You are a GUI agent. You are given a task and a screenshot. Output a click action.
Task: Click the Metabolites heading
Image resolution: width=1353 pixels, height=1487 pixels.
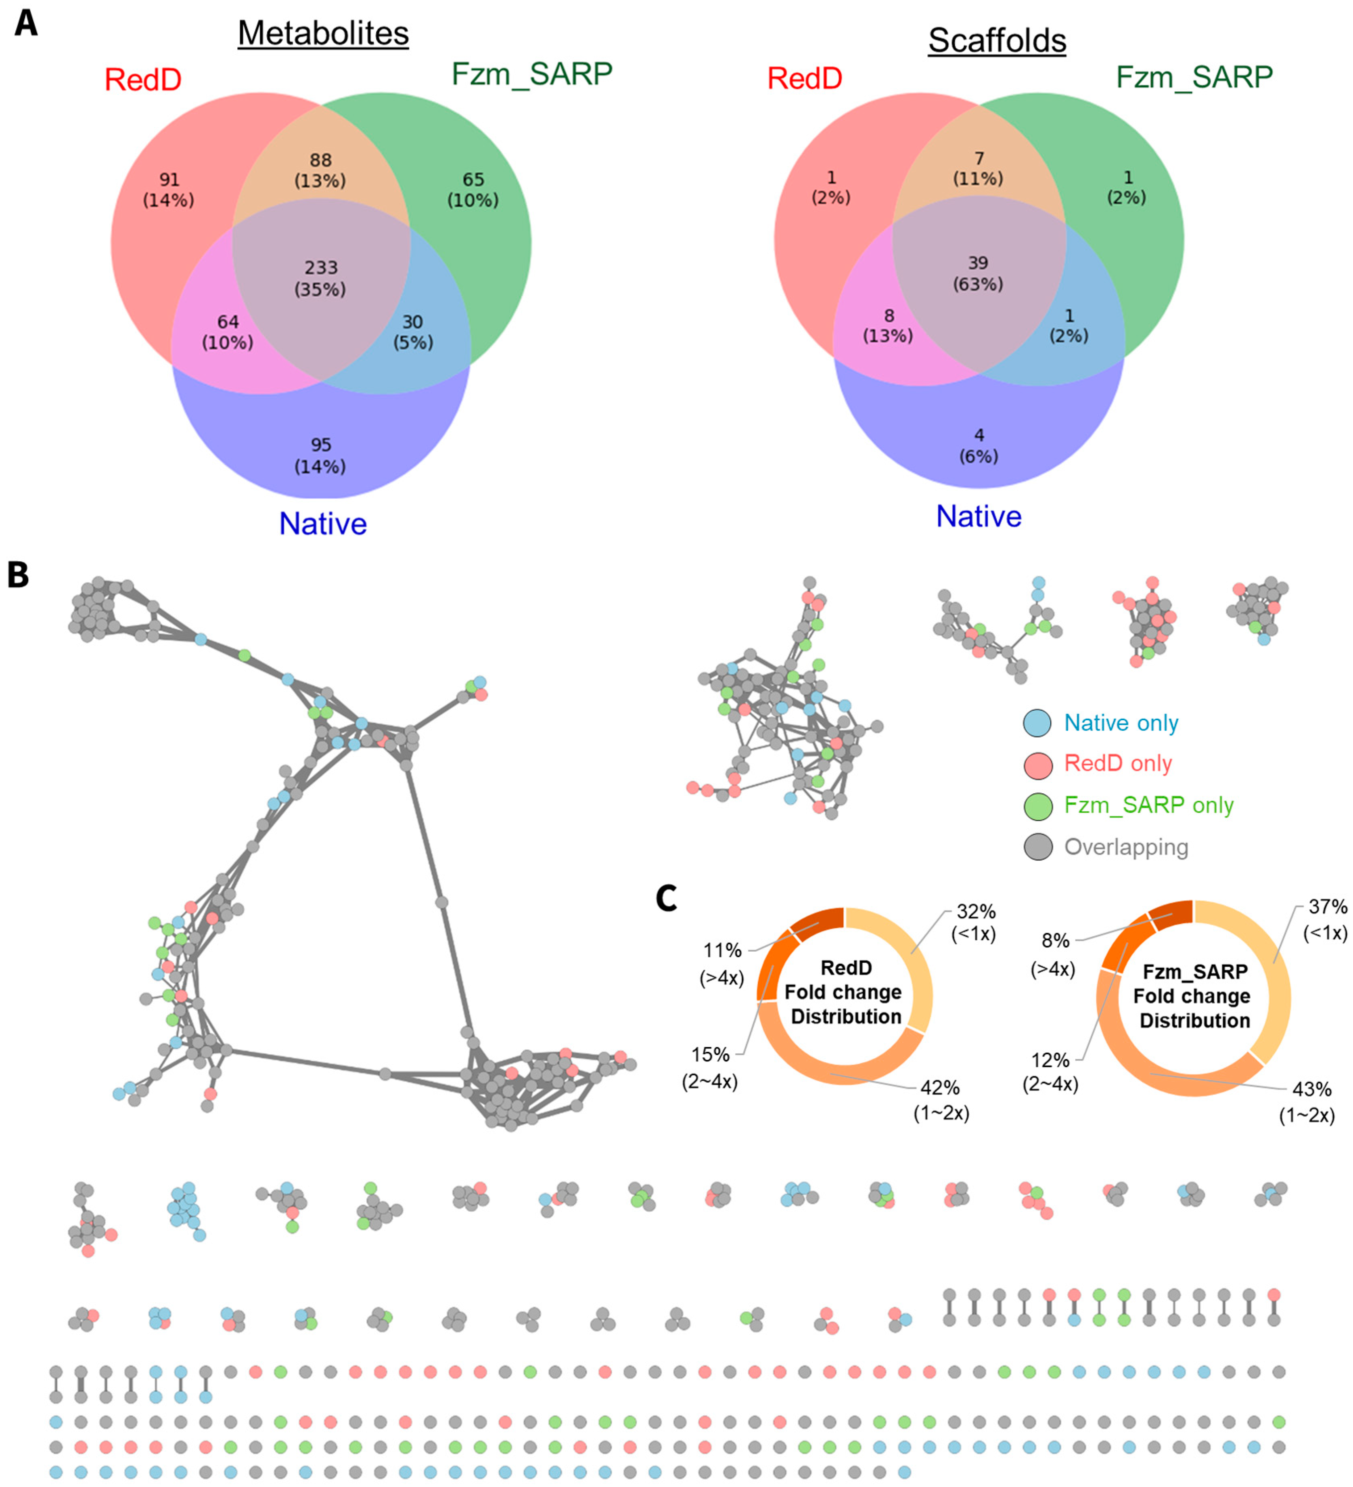click(x=323, y=33)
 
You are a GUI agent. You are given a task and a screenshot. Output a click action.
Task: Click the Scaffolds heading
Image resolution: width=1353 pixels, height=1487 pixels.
click(x=997, y=40)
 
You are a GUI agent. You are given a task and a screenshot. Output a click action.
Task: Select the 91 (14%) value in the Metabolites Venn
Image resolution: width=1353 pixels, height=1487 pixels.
click(x=169, y=190)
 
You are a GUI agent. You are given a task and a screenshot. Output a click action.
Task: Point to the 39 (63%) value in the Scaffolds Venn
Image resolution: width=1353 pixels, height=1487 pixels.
click(x=978, y=273)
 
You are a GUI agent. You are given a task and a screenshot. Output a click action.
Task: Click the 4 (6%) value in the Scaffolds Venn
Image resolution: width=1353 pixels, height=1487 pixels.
click(x=979, y=445)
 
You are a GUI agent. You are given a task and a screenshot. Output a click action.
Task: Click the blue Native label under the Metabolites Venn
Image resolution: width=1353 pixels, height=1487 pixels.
click(x=322, y=524)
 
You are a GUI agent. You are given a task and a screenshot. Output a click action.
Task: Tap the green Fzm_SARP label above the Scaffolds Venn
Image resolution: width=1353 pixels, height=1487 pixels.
click(x=1194, y=77)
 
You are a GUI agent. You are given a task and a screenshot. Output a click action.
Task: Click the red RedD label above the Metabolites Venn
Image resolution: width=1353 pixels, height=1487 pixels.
click(x=143, y=80)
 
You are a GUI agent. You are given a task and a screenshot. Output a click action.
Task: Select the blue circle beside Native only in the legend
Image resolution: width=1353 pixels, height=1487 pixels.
click(x=1037, y=723)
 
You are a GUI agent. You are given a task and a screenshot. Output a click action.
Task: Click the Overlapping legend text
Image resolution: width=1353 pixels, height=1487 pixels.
click(x=1126, y=847)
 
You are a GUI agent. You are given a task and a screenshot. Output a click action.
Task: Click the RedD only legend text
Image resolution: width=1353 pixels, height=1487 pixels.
click(x=1118, y=763)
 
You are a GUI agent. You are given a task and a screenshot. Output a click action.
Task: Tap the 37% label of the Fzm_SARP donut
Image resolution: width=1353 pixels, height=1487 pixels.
click(x=1327, y=906)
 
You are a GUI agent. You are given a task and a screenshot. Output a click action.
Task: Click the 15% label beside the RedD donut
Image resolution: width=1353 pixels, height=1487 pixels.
click(x=710, y=1055)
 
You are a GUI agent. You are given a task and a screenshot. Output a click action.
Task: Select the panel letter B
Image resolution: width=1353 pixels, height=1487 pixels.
click(x=19, y=575)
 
